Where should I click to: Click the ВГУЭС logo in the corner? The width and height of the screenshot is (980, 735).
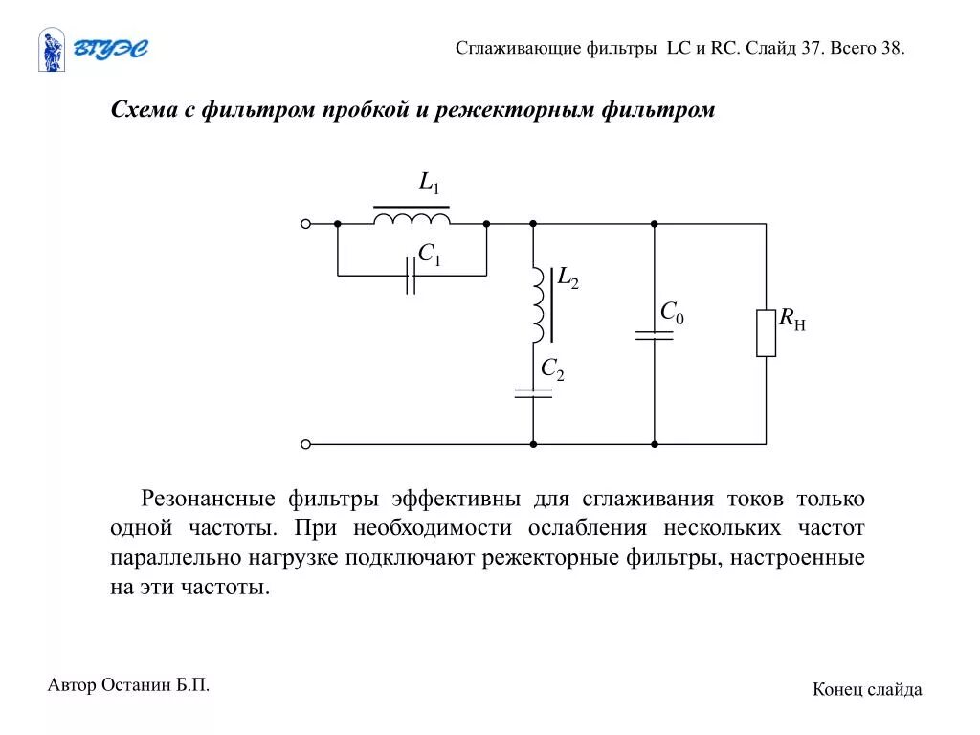(93, 50)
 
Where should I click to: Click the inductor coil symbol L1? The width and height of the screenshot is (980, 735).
(412, 219)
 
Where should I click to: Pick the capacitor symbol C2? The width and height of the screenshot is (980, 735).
(533, 393)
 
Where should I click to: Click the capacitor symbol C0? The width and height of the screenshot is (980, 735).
(655, 335)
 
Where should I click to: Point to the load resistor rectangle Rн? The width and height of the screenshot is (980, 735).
(766, 333)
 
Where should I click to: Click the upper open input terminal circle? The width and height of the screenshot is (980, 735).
(306, 224)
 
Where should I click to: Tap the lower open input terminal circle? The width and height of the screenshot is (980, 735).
(306, 444)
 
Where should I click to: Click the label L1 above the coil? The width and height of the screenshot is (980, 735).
(429, 183)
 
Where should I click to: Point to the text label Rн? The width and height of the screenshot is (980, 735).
(791, 320)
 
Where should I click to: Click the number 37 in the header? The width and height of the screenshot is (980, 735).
(812, 48)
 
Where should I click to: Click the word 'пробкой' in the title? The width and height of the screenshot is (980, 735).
(364, 110)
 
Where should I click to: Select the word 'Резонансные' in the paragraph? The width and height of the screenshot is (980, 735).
(203, 499)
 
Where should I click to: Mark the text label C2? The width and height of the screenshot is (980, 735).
(552, 368)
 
